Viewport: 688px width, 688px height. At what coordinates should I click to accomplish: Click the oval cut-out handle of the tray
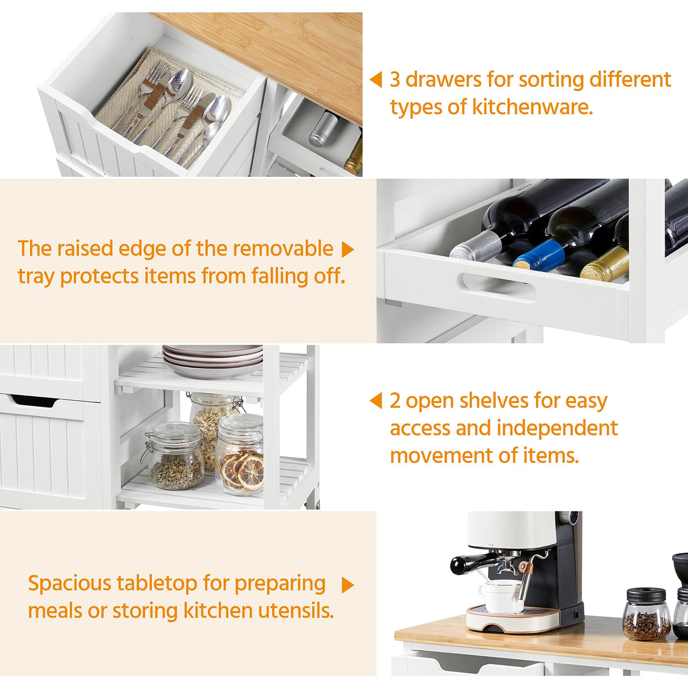click(498, 287)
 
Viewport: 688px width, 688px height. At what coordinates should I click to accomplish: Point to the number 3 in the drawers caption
click(395, 79)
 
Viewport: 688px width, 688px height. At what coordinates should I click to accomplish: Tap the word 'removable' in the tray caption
click(283, 249)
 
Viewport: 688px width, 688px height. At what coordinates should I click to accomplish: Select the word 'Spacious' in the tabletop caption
click(69, 583)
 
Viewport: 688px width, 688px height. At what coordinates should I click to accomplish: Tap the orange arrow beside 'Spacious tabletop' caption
click(348, 585)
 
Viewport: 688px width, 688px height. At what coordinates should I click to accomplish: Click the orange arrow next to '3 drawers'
click(376, 80)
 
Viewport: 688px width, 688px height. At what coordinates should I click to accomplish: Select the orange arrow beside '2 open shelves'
click(376, 401)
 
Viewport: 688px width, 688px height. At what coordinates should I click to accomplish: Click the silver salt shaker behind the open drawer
click(322, 129)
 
